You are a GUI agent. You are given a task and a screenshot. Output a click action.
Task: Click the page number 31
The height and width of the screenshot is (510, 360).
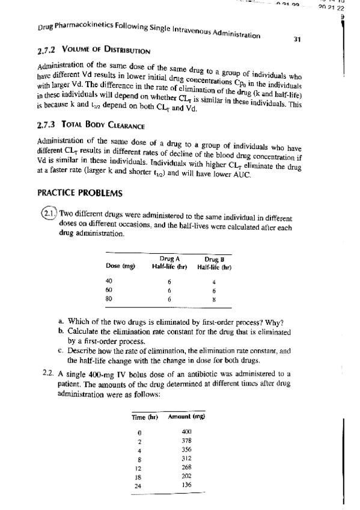pos(297,40)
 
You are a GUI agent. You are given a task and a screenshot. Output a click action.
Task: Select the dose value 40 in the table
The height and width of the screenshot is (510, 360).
pos(109,280)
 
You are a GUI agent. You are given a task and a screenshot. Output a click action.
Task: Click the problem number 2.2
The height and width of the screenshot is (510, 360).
pos(49,374)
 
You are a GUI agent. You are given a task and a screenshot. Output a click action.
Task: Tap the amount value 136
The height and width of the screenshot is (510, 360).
pos(186,484)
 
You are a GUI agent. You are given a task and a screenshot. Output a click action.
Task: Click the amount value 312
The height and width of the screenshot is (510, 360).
pos(186,458)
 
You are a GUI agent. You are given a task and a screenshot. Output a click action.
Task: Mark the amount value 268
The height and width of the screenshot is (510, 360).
pos(186,467)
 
